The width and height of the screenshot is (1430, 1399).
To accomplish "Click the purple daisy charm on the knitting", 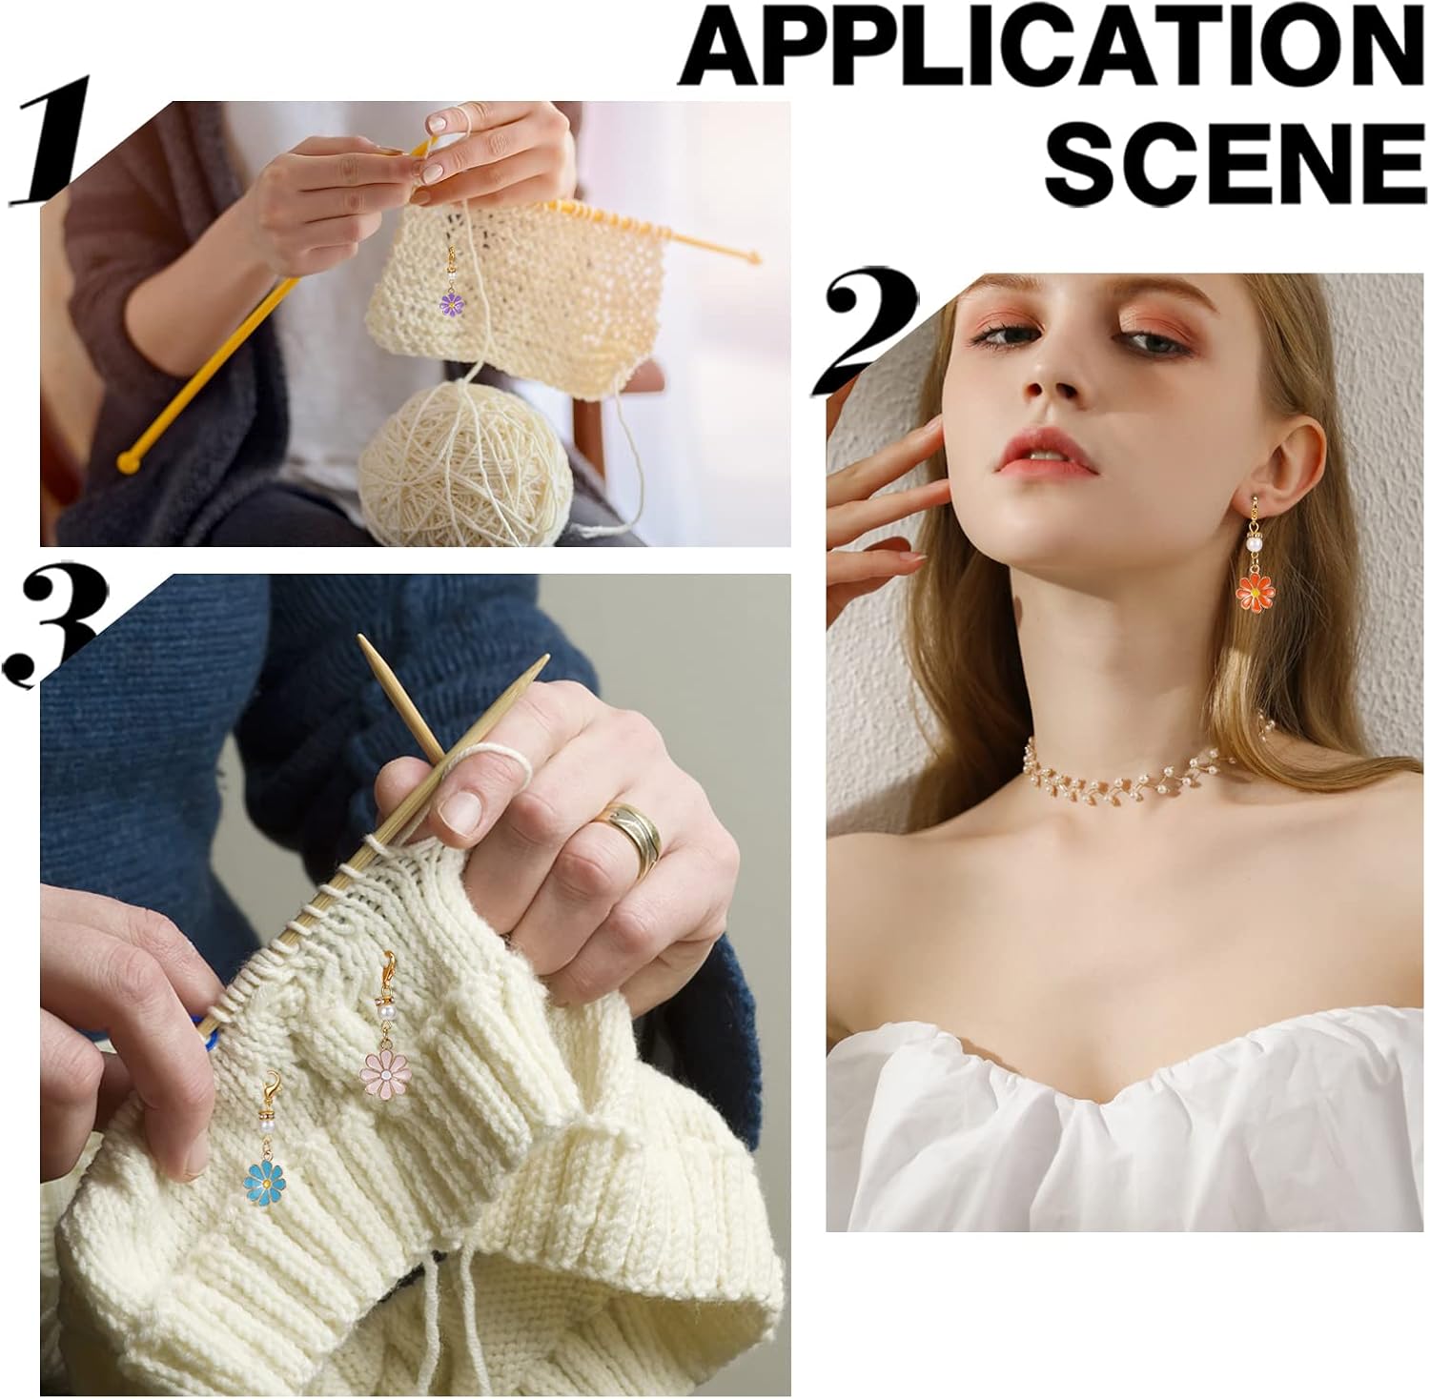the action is tap(452, 302).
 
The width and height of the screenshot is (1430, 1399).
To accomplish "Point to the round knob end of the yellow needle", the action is tap(128, 462).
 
